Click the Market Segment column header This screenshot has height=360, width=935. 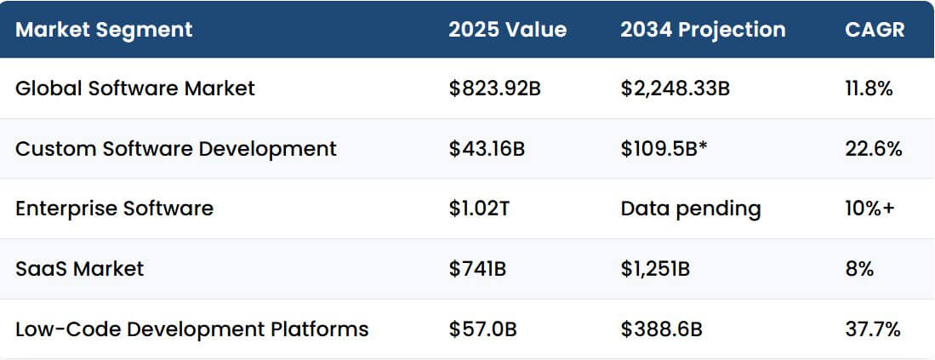pos(104,30)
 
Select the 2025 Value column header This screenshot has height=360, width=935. pos(507,30)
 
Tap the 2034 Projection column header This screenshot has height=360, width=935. pos(703,30)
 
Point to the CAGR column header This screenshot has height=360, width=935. pos(875,30)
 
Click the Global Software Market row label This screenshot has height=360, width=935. pos(135,88)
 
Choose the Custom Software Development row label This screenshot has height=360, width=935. pos(176,148)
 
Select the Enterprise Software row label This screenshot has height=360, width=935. pos(114,209)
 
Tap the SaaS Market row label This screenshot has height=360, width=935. pos(79,269)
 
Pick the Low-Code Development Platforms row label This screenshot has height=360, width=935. pos(191,329)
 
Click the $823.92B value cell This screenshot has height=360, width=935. pos(494,88)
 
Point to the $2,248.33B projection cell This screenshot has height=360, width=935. pos(675,88)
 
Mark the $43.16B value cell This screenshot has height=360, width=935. pos(487,148)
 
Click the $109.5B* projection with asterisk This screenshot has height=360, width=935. pos(664,148)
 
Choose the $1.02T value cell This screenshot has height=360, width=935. pos(479,209)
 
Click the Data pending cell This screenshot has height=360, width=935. pos(691,209)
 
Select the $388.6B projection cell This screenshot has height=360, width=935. pos(661,329)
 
